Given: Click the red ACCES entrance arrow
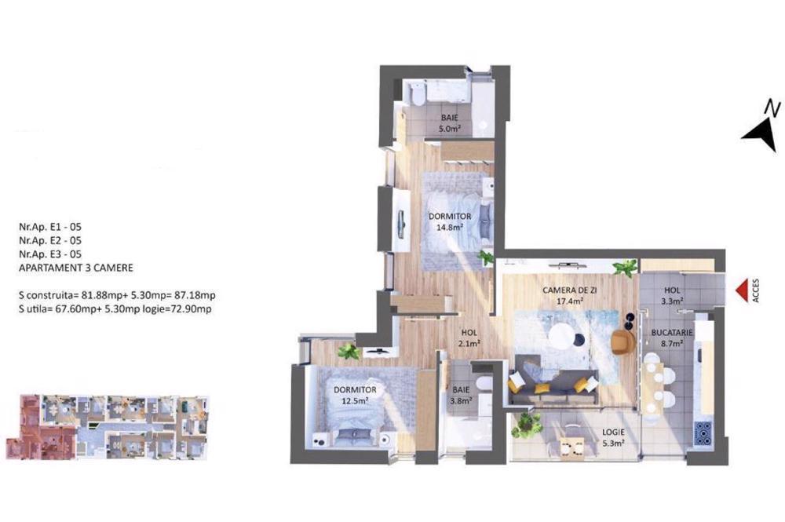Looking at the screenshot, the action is click(740, 290).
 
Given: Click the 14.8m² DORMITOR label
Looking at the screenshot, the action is click(450, 221).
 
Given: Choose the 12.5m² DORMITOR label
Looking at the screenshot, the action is click(355, 395).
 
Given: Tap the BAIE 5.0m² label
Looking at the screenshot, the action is click(449, 123).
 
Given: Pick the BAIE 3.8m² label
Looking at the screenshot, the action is click(461, 394).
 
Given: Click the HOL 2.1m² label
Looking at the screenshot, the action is click(469, 338).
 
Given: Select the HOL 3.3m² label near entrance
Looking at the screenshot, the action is click(672, 295).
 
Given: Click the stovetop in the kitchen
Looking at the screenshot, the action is click(702, 433).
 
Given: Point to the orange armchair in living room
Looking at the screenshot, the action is click(623, 341).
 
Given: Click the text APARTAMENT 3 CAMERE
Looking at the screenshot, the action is click(76, 268).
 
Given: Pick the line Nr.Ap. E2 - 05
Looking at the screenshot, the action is click(50, 240).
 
